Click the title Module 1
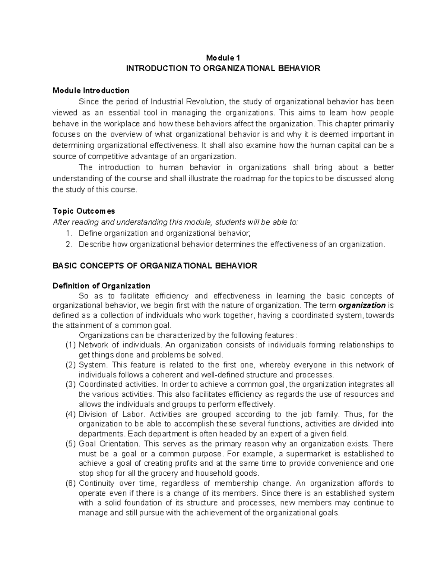coord(223,58)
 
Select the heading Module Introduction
coord(91,91)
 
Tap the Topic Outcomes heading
coord(84,211)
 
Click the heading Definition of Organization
coord(101,286)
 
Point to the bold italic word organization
coord(362,306)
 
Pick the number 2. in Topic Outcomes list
coord(68,245)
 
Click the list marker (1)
coord(71,345)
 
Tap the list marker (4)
coord(71,414)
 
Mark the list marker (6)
coord(71,484)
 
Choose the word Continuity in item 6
coord(96,484)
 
